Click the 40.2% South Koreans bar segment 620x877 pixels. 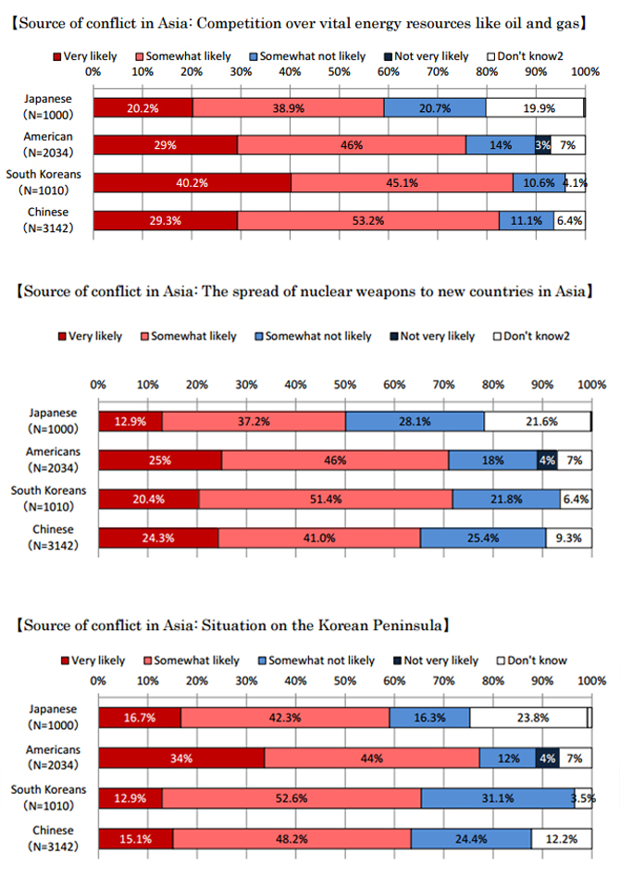click(x=192, y=182)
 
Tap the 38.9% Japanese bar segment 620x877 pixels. click(x=288, y=108)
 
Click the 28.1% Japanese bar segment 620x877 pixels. click(x=415, y=422)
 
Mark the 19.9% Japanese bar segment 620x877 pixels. click(x=535, y=108)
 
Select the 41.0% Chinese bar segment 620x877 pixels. click(x=319, y=538)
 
